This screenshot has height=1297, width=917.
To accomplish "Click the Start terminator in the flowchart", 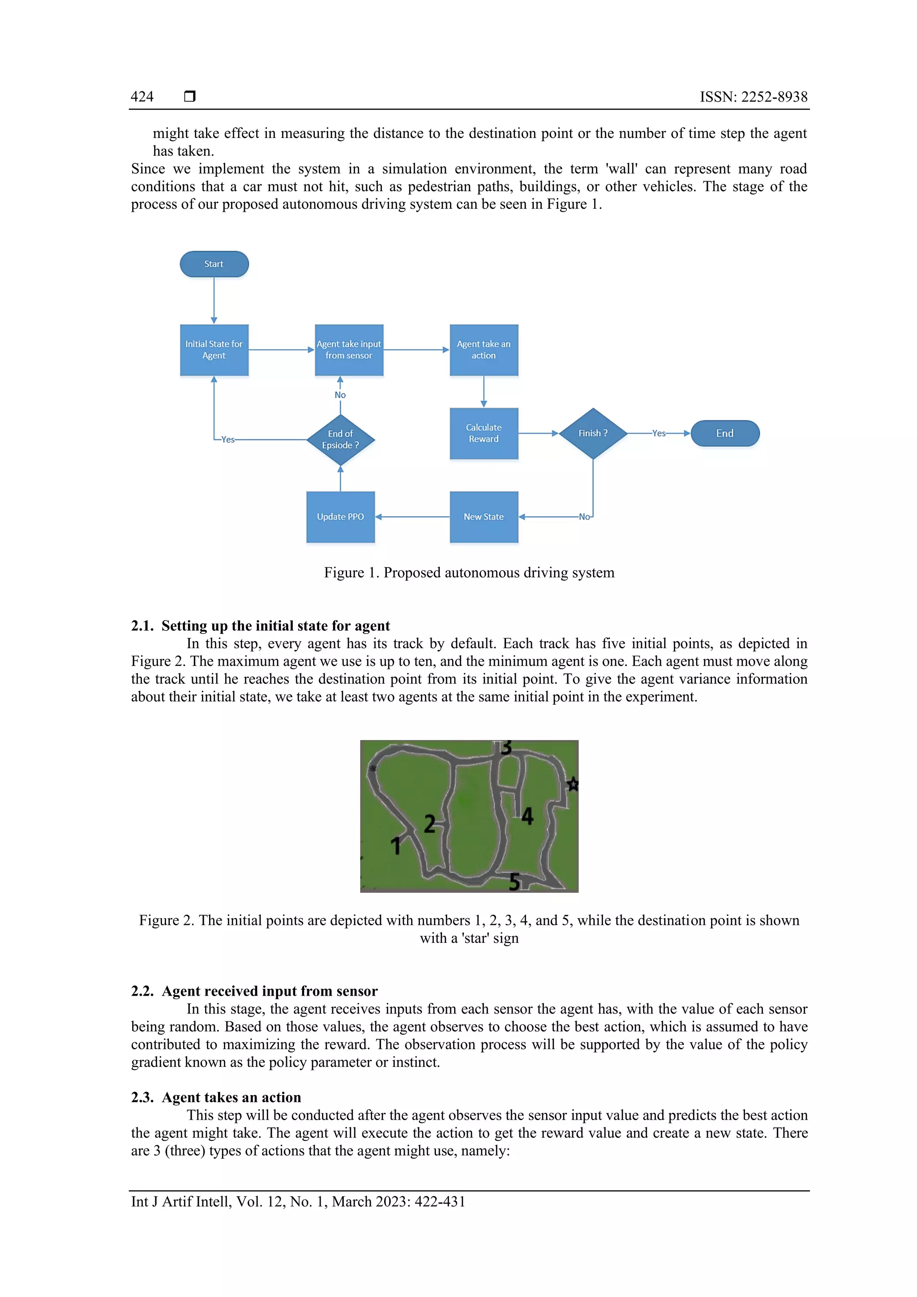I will pyautogui.click(x=214, y=264).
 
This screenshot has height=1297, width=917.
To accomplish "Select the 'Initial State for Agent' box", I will pyautogui.click(x=214, y=350).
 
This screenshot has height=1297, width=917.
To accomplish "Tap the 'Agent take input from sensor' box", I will pyautogui.click(x=349, y=350).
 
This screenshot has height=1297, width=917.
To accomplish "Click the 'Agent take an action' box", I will pyautogui.click(x=484, y=350).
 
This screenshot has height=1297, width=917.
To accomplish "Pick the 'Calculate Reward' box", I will pyautogui.click(x=484, y=433).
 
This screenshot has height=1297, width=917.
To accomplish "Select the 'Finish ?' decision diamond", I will pyautogui.click(x=593, y=433).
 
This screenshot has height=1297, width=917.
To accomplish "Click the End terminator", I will pyautogui.click(x=725, y=433).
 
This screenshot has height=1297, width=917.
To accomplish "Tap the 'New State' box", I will pyautogui.click(x=484, y=517).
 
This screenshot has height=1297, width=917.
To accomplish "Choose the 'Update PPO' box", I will pyautogui.click(x=340, y=517).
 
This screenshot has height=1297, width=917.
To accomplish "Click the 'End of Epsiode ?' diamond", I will pyautogui.click(x=340, y=440).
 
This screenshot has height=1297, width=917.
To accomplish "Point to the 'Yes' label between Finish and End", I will pyautogui.click(x=659, y=433).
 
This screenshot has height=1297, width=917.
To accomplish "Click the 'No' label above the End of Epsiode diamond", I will pyautogui.click(x=340, y=395).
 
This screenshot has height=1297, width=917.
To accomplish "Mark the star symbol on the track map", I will pyautogui.click(x=572, y=784).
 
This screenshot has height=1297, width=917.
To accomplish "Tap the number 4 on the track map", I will pyautogui.click(x=527, y=816).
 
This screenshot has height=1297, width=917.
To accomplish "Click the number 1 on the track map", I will pyautogui.click(x=395, y=846).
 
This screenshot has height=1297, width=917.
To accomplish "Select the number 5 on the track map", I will pyautogui.click(x=514, y=881).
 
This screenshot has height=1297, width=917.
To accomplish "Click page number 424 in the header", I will pyautogui.click(x=142, y=97).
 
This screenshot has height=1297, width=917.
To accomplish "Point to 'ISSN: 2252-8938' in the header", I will pyautogui.click(x=753, y=97).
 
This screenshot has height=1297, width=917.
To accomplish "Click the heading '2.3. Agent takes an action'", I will pyautogui.click(x=216, y=1097).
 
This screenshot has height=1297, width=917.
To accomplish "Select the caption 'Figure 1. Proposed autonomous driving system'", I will pyautogui.click(x=469, y=572).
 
